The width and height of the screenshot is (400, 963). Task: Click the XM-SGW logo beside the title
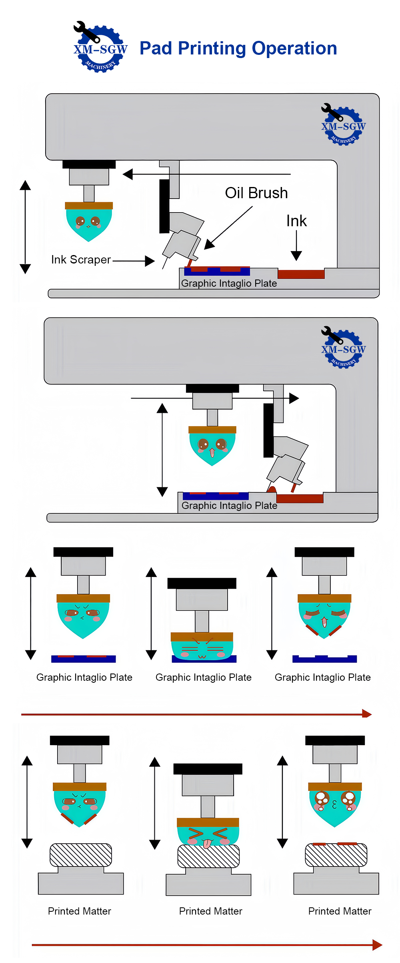pyautogui.click(x=100, y=47)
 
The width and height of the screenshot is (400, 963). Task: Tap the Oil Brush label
pyautogui.click(x=256, y=193)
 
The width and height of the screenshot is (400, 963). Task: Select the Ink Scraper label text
pyautogui.click(x=81, y=260)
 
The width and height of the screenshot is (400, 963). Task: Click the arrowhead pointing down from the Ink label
pyautogui.click(x=296, y=256)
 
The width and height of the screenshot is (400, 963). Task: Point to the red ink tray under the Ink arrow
pyautogui.click(x=301, y=274)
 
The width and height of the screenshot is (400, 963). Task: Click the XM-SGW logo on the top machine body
pyautogui.click(x=343, y=125)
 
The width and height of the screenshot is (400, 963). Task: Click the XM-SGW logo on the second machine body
pyautogui.click(x=343, y=348)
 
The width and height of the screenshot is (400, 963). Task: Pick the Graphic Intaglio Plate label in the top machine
pyautogui.click(x=229, y=283)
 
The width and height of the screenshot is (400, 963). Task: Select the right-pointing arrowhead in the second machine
pyautogui.click(x=294, y=398)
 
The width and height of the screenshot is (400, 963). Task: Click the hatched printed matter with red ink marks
pyautogui.click(x=336, y=855)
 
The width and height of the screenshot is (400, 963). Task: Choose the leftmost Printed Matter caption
pyautogui.click(x=80, y=911)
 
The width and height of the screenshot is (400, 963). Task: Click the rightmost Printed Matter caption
pyautogui.click(x=340, y=911)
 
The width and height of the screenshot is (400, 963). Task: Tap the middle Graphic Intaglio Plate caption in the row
pyautogui.click(x=204, y=678)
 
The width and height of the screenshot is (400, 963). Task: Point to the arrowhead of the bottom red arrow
pyautogui.click(x=377, y=945)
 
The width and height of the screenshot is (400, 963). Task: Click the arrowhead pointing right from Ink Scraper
pyautogui.click(x=150, y=261)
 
